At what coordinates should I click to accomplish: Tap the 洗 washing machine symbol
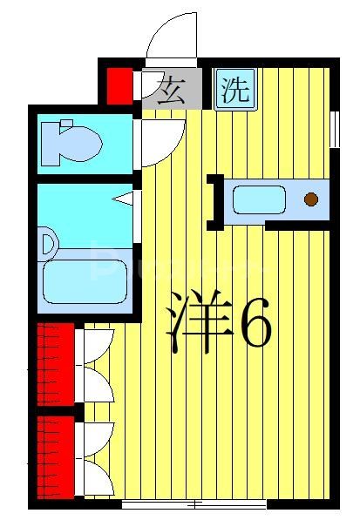[234, 88]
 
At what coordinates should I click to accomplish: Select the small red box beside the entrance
[119, 85]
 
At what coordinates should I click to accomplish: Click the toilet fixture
[69, 141]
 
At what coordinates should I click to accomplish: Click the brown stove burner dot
[311, 199]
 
